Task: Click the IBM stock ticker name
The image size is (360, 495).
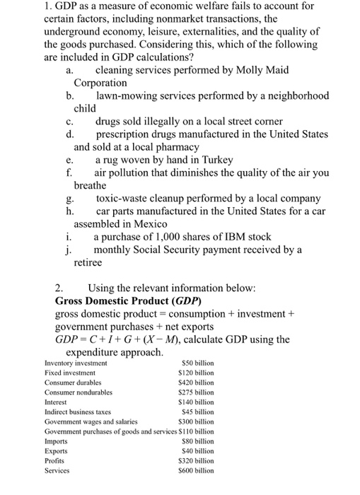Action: click(x=222, y=237)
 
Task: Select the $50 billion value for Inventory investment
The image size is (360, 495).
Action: click(x=195, y=363)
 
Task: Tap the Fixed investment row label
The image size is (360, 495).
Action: click(x=69, y=372)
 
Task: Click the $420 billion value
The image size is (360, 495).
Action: click(x=195, y=382)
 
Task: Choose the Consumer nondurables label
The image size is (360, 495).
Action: click(x=79, y=392)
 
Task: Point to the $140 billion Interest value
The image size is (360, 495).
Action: click(x=195, y=401)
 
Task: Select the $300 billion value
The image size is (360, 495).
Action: click(x=195, y=421)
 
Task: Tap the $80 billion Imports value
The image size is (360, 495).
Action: click(x=197, y=440)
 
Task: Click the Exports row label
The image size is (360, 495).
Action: click(x=57, y=450)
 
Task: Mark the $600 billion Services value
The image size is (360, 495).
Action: click(x=195, y=469)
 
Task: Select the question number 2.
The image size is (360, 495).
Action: click(x=59, y=288)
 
